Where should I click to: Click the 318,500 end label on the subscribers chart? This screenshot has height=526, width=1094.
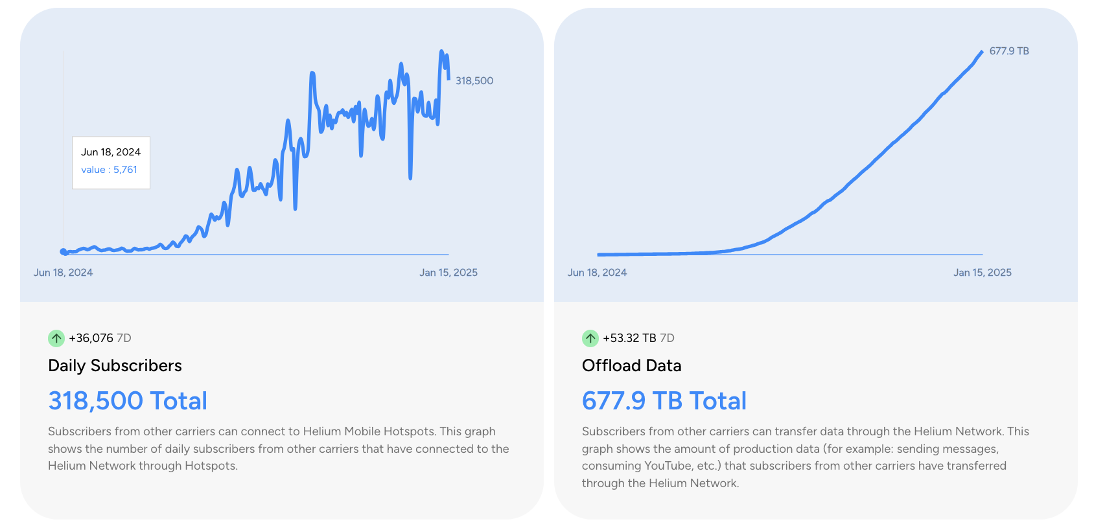(474, 81)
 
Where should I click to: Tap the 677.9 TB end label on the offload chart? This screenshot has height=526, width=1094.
(1008, 51)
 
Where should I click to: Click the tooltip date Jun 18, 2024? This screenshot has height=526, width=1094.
(111, 152)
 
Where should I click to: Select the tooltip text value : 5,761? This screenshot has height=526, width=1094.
(109, 170)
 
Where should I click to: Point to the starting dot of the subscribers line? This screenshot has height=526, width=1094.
(64, 252)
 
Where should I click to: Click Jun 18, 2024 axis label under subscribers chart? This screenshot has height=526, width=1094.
(63, 273)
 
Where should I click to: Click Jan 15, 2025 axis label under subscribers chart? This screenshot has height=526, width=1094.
(448, 273)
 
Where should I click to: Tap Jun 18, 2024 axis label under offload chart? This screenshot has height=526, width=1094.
(597, 273)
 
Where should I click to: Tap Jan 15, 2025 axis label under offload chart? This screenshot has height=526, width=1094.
(982, 273)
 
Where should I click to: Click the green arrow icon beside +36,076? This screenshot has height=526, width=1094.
(56, 338)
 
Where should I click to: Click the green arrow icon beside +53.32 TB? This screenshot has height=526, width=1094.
(590, 338)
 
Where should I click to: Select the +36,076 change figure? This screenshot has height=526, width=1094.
(91, 338)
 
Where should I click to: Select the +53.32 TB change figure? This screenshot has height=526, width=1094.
(629, 338)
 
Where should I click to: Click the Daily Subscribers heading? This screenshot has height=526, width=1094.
(115, 366)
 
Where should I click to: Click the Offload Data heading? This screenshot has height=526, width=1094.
(631, 366)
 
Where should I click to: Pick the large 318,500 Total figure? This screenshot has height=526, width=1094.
(128, 401)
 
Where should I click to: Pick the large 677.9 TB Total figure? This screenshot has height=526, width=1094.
(664, 401)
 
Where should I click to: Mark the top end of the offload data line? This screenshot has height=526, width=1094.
(982, 51)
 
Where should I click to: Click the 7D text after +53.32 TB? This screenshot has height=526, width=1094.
(667, 338)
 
